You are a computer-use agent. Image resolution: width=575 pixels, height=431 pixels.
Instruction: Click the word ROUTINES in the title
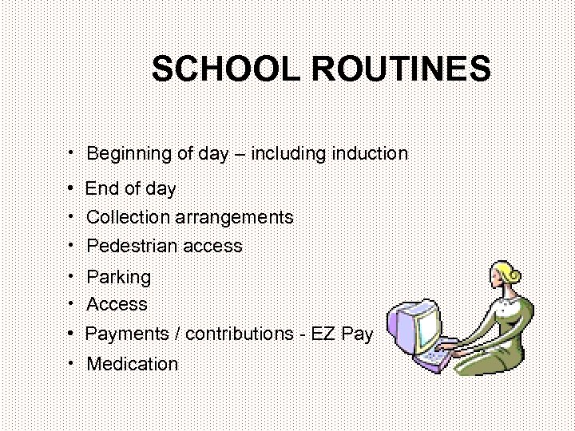[401, 69]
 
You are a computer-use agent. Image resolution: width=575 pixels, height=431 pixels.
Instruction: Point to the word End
[101, 189]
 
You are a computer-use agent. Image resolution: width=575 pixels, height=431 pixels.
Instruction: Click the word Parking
[118, 278]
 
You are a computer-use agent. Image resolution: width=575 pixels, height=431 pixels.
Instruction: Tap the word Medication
[132, 364]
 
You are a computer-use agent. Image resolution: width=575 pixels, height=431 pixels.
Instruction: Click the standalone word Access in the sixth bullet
[117, 304]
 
